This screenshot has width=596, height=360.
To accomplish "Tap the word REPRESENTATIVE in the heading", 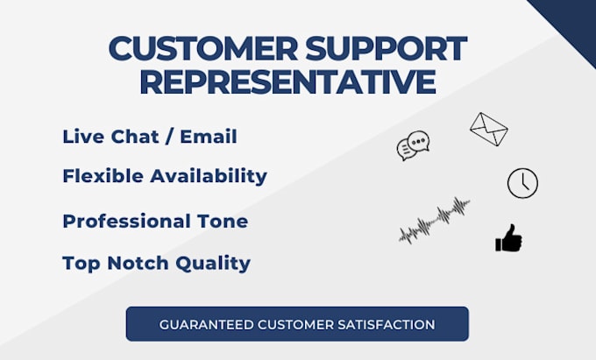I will coord(287,81).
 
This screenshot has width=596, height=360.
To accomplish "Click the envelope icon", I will coord(488,129).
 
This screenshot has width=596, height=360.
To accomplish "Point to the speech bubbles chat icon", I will coord(413,146).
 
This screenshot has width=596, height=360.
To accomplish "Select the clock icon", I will coord(522,183).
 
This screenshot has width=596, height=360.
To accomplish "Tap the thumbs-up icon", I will coord(508,238).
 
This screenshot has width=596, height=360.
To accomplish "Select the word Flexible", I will coord(102,175).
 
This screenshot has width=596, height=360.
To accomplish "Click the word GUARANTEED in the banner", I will coord(202,324).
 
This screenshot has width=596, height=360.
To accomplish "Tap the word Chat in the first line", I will coord(134,137).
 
